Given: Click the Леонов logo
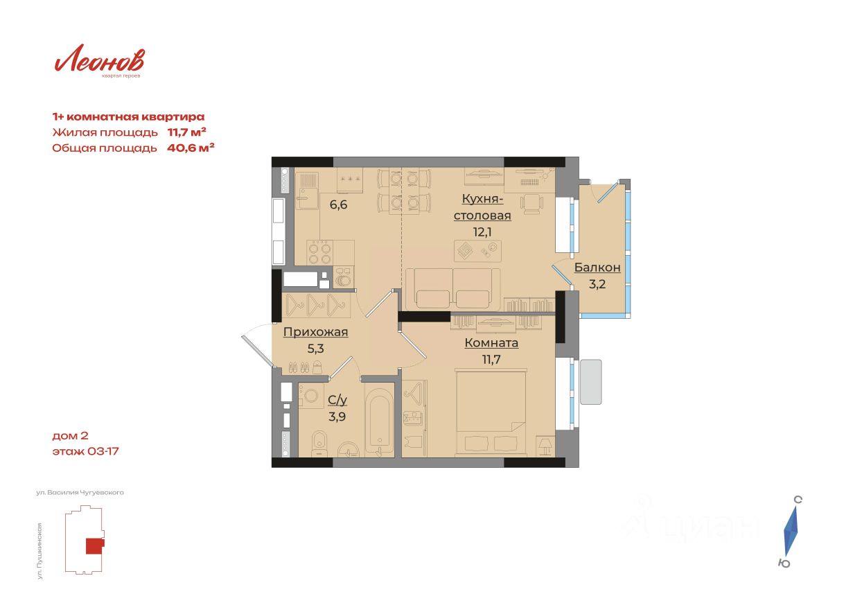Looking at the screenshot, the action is point(99,60).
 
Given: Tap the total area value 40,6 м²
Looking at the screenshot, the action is point(191,148).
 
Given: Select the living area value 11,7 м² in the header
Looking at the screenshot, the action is point(186,132).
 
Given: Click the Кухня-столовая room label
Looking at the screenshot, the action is point(482,207).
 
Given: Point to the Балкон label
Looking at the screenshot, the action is point(597,267).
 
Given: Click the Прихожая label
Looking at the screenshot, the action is point(315,332).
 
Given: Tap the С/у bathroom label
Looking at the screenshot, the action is point(337,401).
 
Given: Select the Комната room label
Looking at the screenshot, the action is point(491,342).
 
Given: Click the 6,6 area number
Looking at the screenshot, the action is point(338,204).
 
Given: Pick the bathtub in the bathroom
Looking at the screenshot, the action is point(378,419).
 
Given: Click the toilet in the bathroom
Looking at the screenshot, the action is point(319,444).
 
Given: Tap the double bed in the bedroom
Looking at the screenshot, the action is point(491,412).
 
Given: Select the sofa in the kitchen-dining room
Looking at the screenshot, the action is point(452,289).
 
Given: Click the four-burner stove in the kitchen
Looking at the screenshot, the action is point(319,252).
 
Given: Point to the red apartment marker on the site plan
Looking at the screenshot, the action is point(94,545).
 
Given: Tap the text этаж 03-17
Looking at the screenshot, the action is point(85,451).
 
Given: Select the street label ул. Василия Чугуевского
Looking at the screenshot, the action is point(80,492).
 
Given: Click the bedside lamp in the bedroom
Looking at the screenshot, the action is point(545,446).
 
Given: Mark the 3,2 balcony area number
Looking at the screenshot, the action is point(597,284).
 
